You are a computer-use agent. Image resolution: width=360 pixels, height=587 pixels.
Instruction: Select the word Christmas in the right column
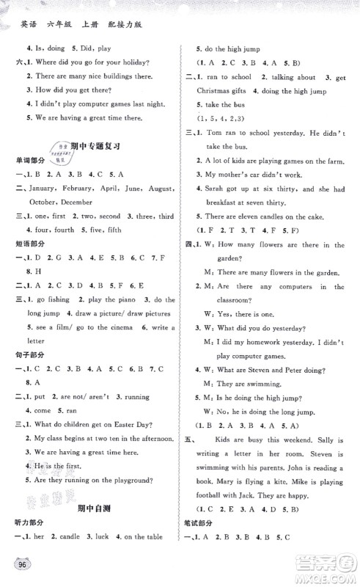[x=212, y=91]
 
